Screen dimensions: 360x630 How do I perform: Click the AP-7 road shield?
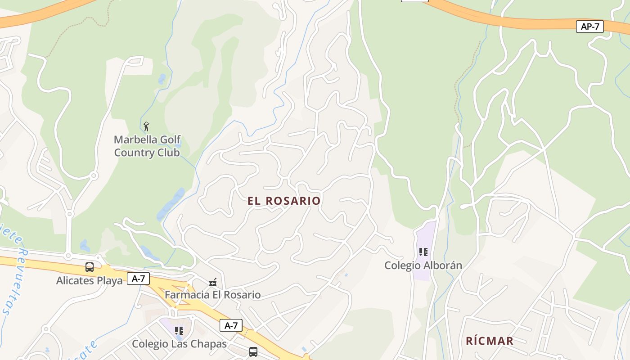(x=589, y=27)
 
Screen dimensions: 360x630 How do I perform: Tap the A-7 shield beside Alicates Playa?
(x=139, y=279)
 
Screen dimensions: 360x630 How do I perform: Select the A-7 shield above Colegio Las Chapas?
(x=231, y=325)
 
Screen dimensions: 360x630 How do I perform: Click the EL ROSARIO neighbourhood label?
(x=284, y=201)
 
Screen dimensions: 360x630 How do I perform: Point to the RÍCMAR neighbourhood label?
(x=490, y=341)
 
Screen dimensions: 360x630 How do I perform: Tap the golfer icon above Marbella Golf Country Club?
(x=146, y=126)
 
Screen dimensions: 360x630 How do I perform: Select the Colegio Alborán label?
(x=423, y=265)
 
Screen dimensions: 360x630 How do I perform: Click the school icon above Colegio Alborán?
(x=423, y=252)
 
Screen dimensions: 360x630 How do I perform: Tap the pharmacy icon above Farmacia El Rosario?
(x=213, y=282)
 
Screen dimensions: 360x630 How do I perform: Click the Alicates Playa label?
(x=89, y=281)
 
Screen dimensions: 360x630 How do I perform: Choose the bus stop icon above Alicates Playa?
(x=90, y=267)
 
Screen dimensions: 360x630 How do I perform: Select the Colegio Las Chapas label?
(x=179, y=344)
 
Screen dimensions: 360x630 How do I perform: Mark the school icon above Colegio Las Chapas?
(x=179, y=331)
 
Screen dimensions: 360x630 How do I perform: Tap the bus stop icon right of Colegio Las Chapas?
(x=253, y=351)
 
